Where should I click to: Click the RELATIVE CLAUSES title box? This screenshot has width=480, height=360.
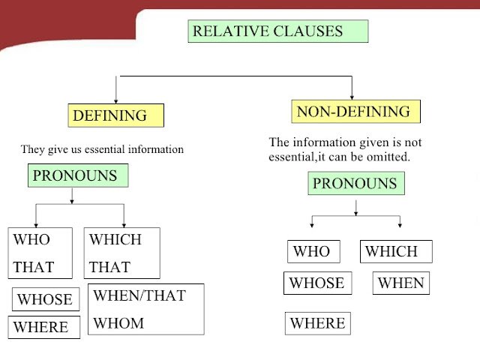[x=278, y=31]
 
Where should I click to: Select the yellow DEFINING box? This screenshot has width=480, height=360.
[x=115, y=115]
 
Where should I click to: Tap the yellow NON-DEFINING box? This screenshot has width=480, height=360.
[x=355, y=112]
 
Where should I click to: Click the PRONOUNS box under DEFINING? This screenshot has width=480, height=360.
[x=78, y=175]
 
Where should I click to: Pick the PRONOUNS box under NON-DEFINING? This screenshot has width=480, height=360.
[x=356, y=183]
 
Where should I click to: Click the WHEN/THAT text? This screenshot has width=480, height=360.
[x=139, y=295]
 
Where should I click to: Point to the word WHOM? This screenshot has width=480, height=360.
[x=118, y=323]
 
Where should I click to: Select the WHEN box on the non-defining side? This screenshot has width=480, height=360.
[x=401, y=283]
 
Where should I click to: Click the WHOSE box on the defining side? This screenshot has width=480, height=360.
[x=46, y=299]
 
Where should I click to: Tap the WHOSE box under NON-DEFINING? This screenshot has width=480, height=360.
[x=317, y=283]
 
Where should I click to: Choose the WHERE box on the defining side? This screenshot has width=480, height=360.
[x=43, y=327]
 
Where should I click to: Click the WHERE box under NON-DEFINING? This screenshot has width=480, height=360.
[x=318, y=323]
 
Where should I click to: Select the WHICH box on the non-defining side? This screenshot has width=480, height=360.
[x=396, y=251]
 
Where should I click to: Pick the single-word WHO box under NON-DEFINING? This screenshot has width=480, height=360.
[x=313, y=251]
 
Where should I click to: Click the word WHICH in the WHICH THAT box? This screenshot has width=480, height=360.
[x=115, y=239]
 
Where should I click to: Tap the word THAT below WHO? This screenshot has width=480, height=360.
[x=34, y=267]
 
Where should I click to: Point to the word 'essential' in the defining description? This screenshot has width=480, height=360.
[x=104, y=149]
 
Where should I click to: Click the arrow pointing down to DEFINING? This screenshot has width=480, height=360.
[x=116, y=90]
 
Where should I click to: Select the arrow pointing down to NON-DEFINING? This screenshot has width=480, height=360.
[x=352, y=88]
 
